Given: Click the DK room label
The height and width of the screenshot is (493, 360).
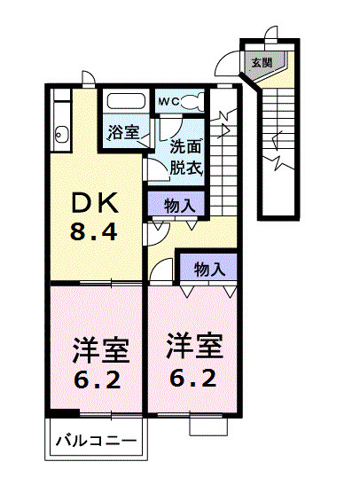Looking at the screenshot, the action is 95,203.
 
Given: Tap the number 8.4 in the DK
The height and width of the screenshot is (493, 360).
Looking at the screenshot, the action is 94,231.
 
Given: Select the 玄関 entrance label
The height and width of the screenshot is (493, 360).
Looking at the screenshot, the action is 262,63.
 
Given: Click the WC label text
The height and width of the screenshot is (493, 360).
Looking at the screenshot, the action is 168,102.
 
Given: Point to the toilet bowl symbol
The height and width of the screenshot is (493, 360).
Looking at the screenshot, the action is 192,102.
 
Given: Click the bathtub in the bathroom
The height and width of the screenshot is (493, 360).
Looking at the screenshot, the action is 127,101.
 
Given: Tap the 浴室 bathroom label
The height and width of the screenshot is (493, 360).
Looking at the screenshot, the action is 123,132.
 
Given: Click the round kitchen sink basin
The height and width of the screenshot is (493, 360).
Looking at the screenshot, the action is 59,135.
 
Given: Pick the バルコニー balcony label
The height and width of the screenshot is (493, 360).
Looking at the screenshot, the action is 97,441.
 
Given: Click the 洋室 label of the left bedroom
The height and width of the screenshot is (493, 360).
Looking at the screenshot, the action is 101,350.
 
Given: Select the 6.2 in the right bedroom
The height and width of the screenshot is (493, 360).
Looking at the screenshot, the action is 193,378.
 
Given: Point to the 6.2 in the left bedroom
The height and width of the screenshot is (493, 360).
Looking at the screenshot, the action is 98,380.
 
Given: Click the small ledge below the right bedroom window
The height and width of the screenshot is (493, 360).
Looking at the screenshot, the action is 208,426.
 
